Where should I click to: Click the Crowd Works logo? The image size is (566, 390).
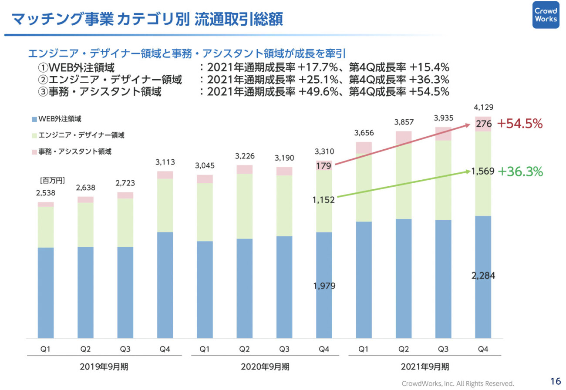click(x=546, y=15)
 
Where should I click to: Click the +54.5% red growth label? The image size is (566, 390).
click(x=520, y=124)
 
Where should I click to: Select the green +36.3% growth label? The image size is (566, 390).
click(x=520, y=171)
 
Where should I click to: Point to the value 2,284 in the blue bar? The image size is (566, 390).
click(x=483, y=276)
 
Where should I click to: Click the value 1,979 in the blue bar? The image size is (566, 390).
click(x=324, y=286)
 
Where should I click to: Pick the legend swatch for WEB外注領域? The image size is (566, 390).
click(x=34, y=119)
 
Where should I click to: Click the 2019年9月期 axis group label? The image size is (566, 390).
click(x=104, y=366)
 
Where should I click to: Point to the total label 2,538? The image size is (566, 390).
click(x=46, y=193)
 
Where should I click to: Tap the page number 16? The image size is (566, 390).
click(x=555, y=381)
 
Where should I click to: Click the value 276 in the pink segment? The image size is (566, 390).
click(x=484, y=124)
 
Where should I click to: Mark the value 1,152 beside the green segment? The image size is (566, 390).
click(x=323, y=200)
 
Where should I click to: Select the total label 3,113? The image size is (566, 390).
click(x=165, y=162)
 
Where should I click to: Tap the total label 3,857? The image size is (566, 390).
click(x=404, y=122)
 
